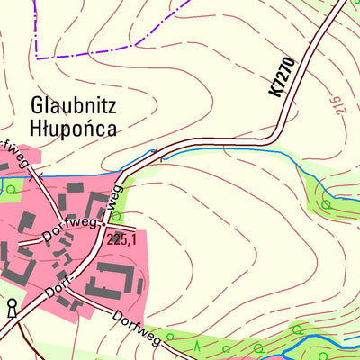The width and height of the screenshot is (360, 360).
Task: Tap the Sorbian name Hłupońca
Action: point(73,127)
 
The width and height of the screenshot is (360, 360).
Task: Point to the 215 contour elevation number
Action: point(337,105)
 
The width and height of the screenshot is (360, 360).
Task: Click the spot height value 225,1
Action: point(121,240)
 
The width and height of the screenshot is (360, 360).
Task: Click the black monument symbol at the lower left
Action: point(11,309)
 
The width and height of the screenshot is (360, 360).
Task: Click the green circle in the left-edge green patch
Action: point(11,189)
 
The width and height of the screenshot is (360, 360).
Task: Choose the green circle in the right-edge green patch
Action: point(326,205)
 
